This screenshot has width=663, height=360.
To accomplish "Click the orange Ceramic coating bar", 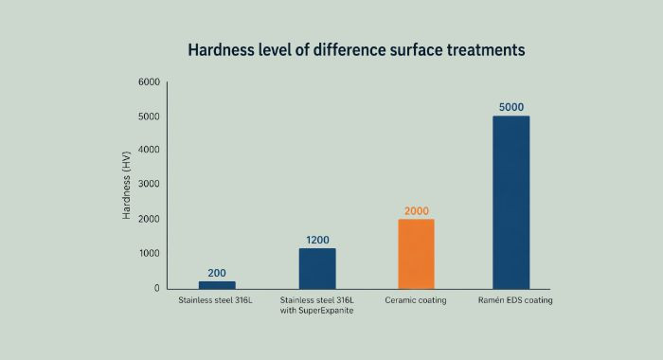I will [x=416, y=254].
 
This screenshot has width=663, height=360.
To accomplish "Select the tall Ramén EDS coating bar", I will [x=511, y=202].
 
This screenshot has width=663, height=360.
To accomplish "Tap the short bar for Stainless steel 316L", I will [x=217, y=284].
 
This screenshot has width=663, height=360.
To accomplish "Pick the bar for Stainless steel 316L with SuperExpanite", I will [x=317, y=268].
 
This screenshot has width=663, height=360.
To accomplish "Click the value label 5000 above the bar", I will [x=511, y=107].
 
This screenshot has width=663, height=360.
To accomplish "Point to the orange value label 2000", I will [x=416, y=210].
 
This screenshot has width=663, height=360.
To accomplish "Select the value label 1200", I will [x=317, y=240].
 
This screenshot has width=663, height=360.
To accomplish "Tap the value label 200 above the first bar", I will [x=217, y=273].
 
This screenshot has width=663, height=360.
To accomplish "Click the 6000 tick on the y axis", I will [x=148, y=82].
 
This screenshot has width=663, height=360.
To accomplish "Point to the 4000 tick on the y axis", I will [x=148, y=151].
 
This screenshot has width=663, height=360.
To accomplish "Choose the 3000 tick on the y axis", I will [x=148, y=185].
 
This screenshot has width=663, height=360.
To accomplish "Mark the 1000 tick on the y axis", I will [x=148, y=254].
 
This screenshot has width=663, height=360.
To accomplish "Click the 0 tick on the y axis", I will [x=155, y=288].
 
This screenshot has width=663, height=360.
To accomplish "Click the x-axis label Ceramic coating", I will [x=416, y=300].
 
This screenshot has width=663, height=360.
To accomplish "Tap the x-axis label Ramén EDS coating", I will [x=511, y=300].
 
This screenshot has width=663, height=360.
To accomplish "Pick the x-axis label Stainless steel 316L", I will [x=217, y=300].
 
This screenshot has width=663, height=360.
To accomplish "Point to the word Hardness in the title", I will [x=221, y=48].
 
